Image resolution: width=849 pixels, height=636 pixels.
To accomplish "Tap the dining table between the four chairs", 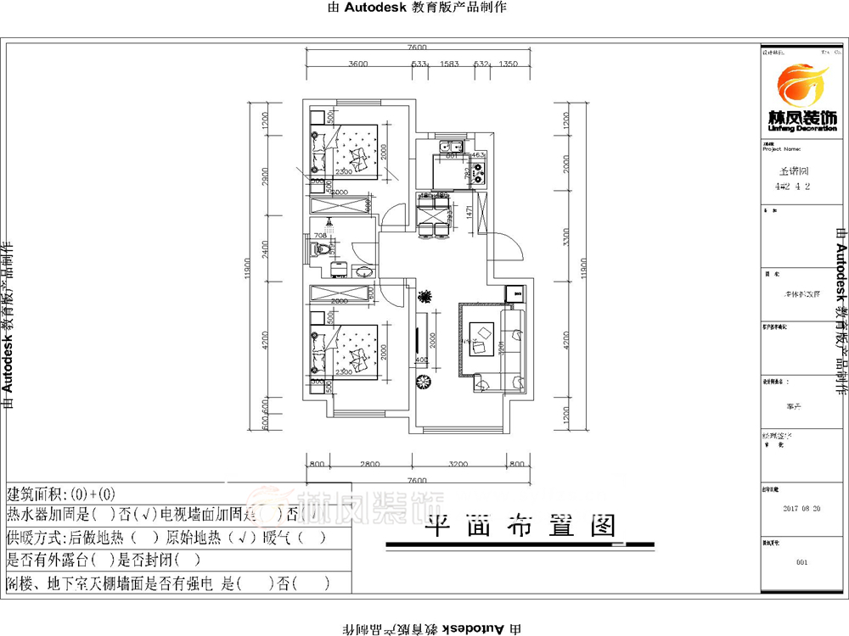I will click(x=435, y=212).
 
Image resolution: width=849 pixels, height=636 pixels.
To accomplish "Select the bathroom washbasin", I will click(x=363, y=271).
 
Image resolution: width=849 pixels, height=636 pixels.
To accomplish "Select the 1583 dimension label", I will click(x=449, y=64).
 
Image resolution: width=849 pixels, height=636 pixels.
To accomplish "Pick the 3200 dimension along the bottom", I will click(x=458, y=465).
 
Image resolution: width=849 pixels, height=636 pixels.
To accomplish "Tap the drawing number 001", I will click(x=802, y=562).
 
